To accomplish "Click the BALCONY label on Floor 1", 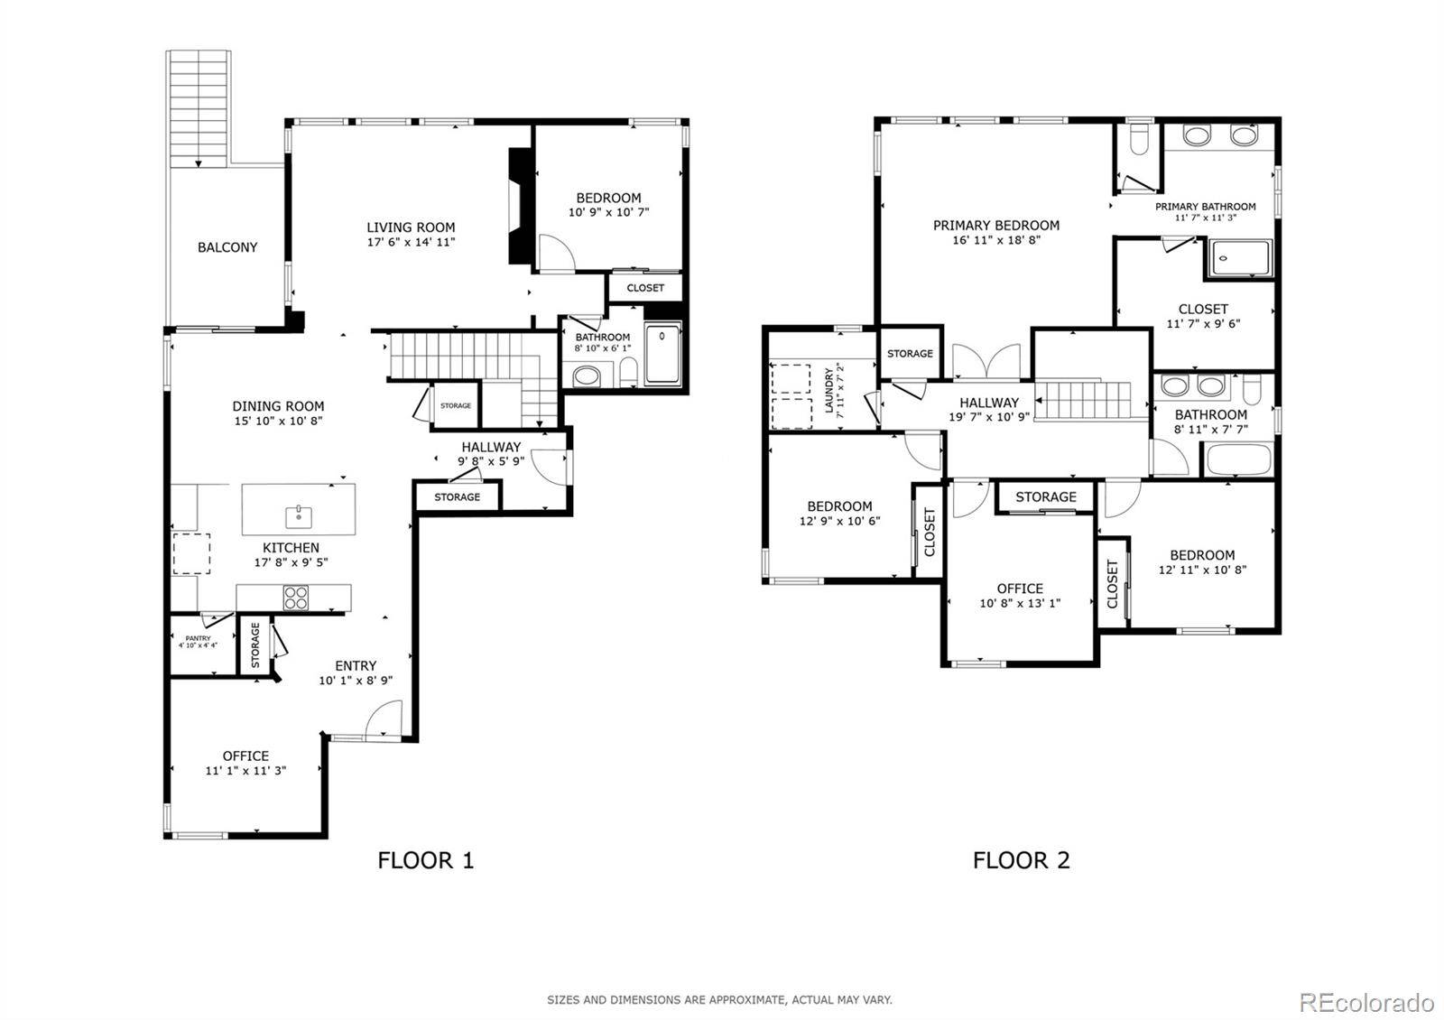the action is coord(227,247).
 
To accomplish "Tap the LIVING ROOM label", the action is coord(411,227).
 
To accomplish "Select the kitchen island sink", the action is coord(299,516).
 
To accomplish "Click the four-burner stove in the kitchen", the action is coord(296,597).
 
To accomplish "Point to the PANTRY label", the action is coord(198,638).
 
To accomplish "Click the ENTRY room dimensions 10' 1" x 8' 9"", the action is coord(356,681).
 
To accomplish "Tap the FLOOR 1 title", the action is coord(425,860).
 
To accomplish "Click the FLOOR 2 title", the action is coord(1021,860).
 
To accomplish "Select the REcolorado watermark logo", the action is coord(1366,1003).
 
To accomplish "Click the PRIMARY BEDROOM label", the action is coord(996,225).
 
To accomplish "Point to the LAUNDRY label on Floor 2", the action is coord(829,390).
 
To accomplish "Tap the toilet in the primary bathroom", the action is coord(1139,141).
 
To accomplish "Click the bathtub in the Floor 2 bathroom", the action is coord(1238,459).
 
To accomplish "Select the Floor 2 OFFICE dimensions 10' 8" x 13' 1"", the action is coord(1020,604).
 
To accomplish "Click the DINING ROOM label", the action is coord(278,406).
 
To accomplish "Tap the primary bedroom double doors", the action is coord(986,361).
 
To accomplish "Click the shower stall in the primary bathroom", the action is coord(1240,258).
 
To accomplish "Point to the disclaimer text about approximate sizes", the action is coord(719,1000).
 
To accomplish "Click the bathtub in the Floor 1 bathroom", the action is coord(662,355).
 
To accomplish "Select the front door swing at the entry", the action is coord(383,719).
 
